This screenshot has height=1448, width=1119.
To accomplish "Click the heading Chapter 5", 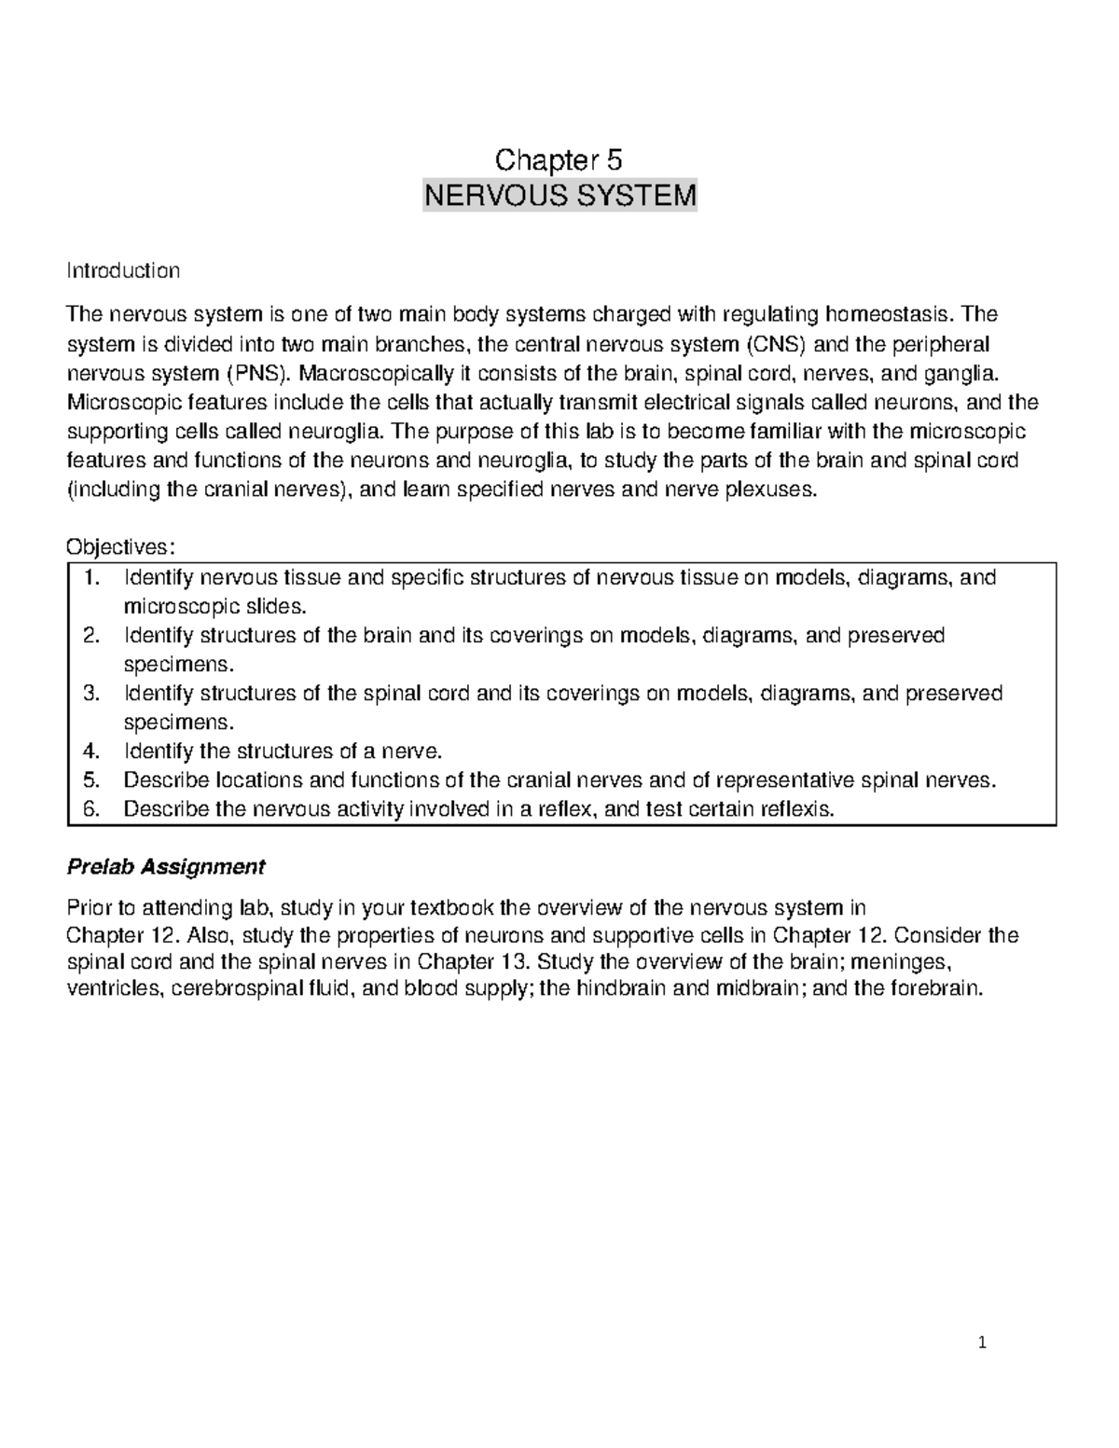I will coord(559,160).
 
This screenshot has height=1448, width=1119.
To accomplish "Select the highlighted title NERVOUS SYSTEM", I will coord(559,197).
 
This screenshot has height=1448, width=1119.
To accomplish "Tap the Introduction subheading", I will coord(123,271).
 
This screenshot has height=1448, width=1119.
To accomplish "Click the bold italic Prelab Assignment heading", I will coord(166,867).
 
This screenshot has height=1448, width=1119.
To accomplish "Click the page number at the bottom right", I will coord(982,1343).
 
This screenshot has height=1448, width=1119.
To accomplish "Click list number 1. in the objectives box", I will coord(91,578).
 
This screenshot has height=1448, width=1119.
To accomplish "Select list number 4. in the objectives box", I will coord(90,752).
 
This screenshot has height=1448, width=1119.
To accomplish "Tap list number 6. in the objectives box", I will coord(90,809).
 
